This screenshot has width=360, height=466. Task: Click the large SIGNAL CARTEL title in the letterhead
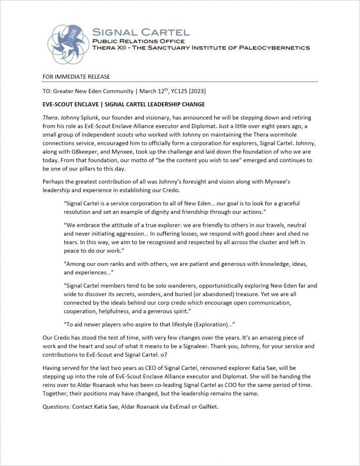141,33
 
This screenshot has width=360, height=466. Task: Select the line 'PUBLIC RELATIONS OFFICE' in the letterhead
138,41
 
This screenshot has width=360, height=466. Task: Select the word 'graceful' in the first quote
286,204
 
